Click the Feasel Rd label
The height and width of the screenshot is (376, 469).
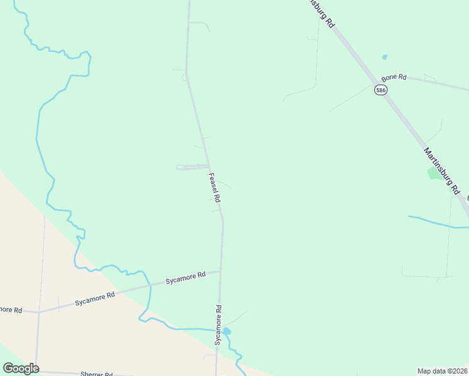tap(214, 187)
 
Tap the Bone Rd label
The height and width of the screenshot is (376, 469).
tap(394, 77)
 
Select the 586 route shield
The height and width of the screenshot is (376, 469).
tap(381, 90)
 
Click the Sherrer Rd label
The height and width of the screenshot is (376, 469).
tap(96, 373)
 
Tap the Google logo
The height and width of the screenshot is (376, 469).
tap(21, 368)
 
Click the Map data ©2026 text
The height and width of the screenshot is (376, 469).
tap(443, 370)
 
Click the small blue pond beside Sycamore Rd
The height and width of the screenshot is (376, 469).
tap(226, 331)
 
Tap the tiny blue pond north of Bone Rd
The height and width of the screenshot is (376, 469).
tap(384, 57)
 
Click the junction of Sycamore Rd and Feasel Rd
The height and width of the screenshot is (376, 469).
tap(220, 271)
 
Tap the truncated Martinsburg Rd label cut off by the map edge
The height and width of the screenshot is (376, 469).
tap(322, 13)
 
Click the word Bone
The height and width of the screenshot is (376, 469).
tap(390, 77)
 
